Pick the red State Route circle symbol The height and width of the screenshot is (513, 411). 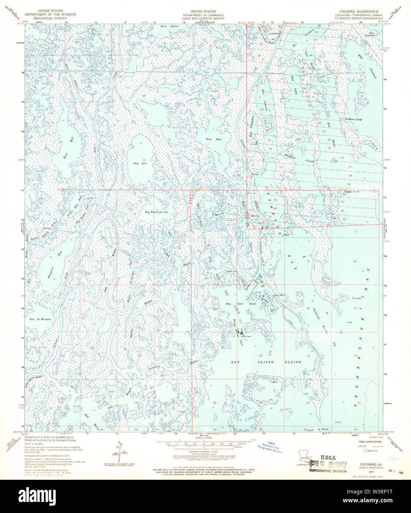point(366,450)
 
